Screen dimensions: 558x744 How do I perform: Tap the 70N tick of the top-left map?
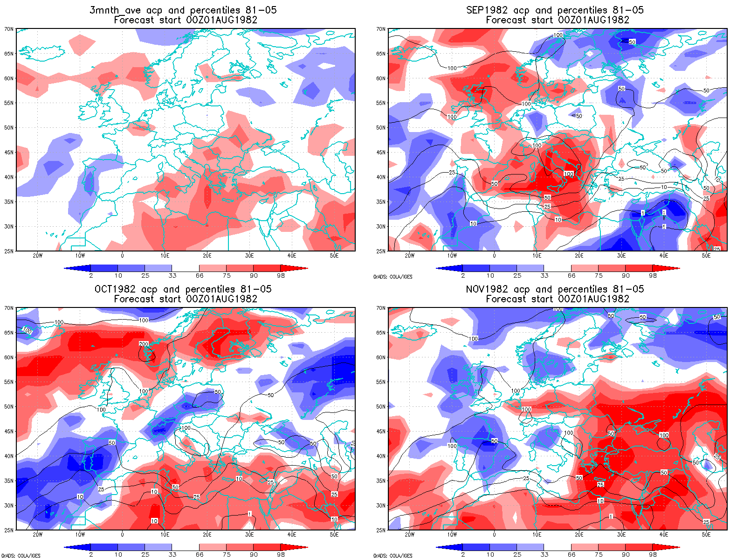point(9,29)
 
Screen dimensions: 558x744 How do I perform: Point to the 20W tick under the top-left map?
point(38,256)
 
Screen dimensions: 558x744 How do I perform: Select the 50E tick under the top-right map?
point(706,256)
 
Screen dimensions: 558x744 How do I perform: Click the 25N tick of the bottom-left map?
point(9,530)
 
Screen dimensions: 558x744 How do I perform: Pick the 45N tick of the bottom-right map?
point(381,432)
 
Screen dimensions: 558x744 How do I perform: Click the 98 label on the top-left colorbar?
point(281,276)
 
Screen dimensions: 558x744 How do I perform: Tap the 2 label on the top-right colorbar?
point(463,276)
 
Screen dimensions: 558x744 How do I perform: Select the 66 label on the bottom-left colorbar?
point(200,555)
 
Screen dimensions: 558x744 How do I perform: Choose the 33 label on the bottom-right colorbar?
point(544,555)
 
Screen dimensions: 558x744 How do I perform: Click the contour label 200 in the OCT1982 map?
point(144,344)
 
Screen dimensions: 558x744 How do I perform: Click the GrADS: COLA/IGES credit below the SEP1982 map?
point(393,277)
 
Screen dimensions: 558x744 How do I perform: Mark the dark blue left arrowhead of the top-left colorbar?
point(70,268)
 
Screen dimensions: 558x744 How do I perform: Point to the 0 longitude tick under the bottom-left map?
point(122,535)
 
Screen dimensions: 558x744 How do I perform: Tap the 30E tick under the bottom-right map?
point(621,535)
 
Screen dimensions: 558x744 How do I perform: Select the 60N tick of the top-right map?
point(381,78)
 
